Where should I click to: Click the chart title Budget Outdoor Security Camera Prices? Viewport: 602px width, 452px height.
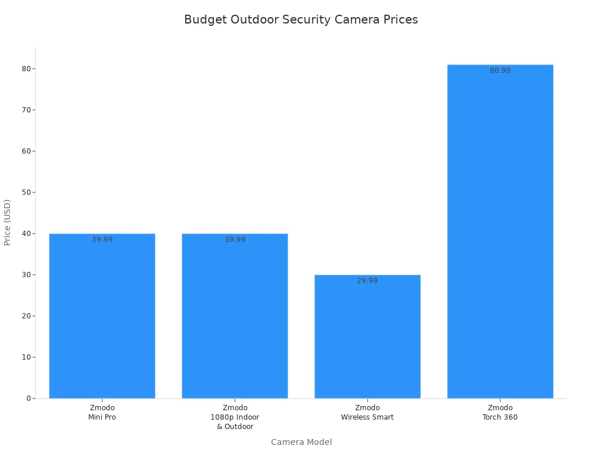click(x=301, y=19)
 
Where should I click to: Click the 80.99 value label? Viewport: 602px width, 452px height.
click(x=500, y=71)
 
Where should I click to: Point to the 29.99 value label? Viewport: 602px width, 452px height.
click(x=367, y=281)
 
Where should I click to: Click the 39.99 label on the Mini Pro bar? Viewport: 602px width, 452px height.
click(x=102, y=240)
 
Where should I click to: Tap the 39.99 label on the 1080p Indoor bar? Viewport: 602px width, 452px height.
click(x=235, y=240)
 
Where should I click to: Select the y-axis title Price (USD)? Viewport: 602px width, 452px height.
click(x=8, y=222)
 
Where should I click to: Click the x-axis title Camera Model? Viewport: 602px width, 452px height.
click(x=301, y=442)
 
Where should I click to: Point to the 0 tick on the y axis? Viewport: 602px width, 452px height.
click(x=28, y=398)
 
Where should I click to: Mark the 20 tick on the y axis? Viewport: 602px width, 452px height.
click(x=26, y=316)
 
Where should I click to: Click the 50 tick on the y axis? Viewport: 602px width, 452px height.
click(x=26, y=192)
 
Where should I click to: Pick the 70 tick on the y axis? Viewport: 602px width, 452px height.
click(x=26, y=110)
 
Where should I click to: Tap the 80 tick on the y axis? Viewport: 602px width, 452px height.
click(x=26, y=69)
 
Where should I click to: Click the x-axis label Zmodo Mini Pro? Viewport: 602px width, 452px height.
click(x=102, y=413)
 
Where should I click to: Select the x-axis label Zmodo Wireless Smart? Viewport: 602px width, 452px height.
click(x=367, y=413)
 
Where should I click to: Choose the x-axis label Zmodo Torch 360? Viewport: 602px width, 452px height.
click(x=500, y=413)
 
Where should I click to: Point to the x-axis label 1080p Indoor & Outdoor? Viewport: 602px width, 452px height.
click(x=235, y=417)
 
